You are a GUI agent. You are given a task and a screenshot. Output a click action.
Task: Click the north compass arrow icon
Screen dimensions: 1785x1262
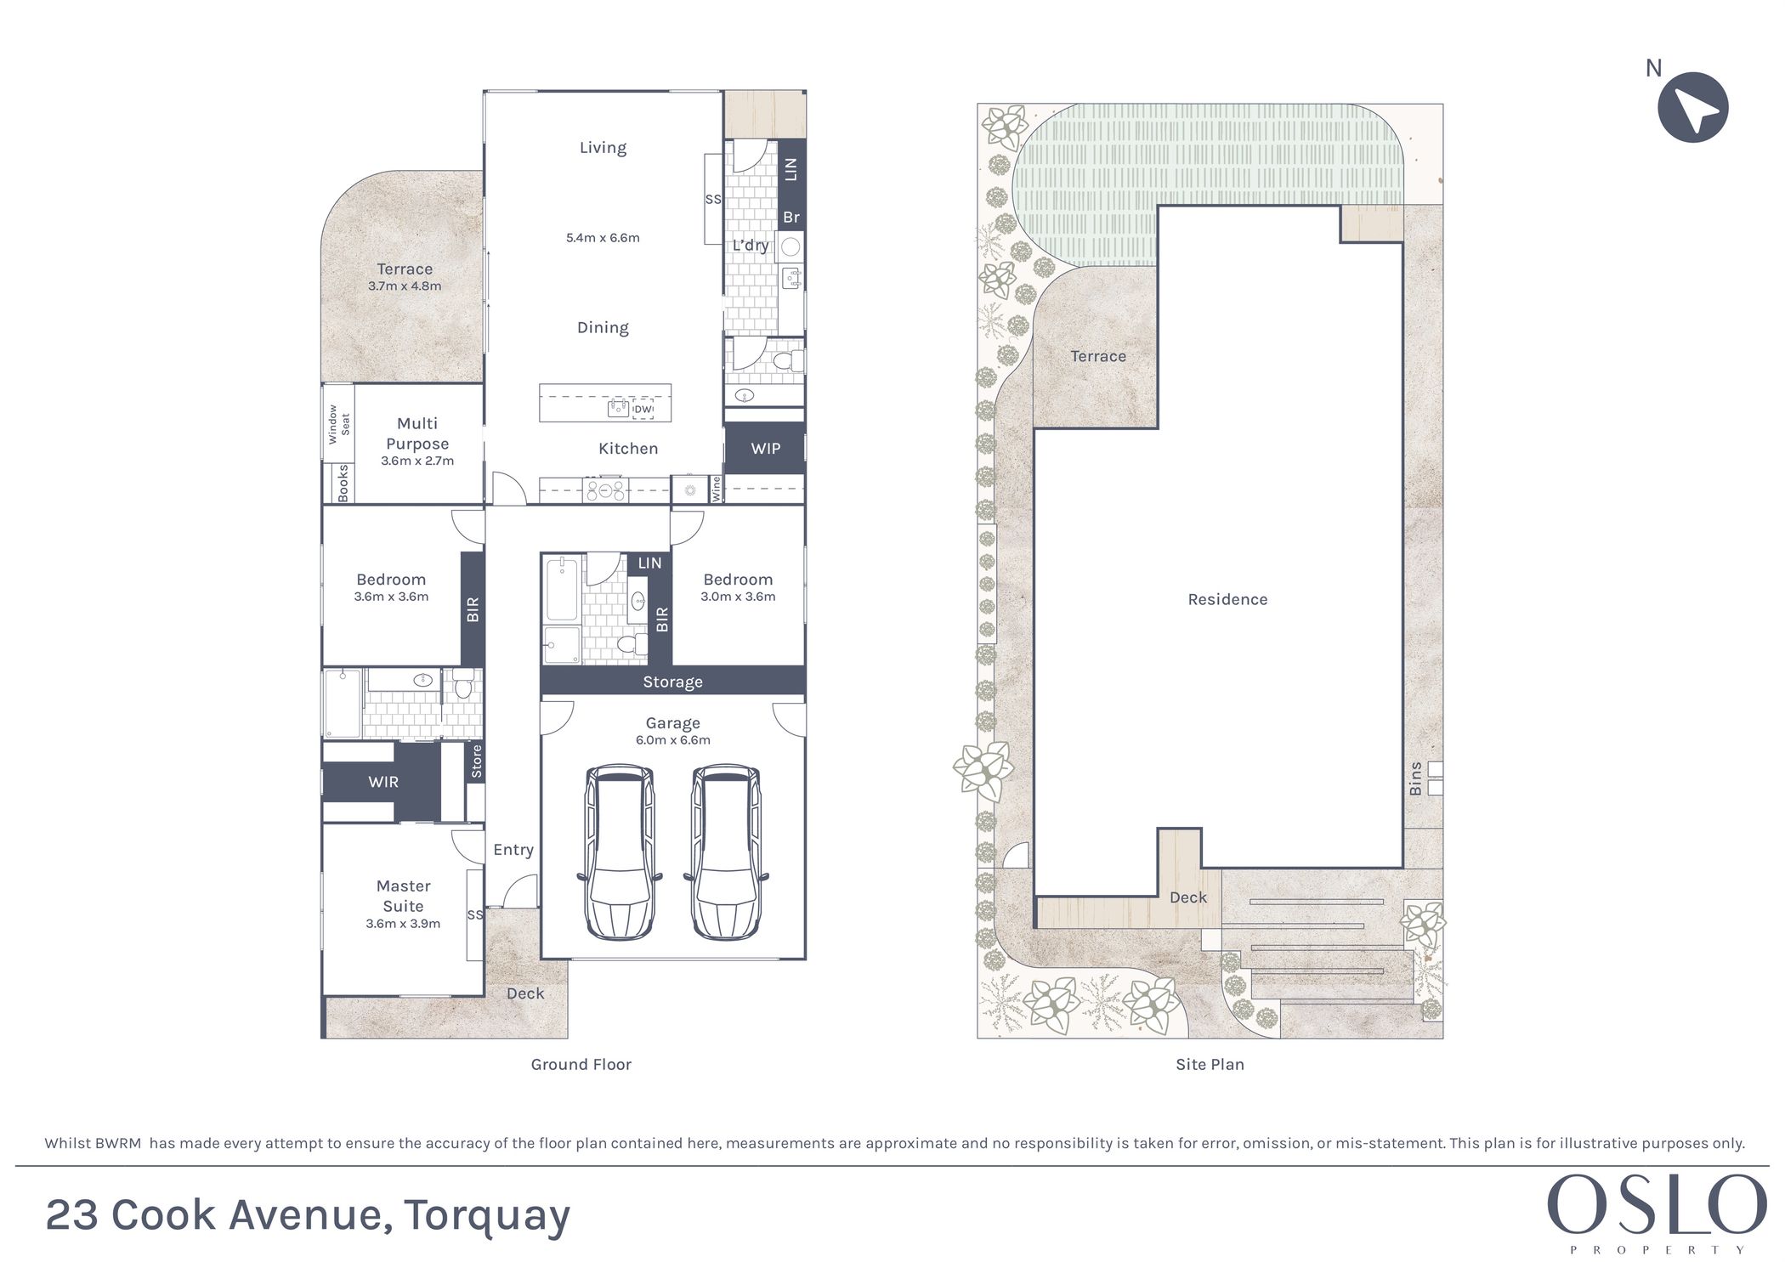1692,107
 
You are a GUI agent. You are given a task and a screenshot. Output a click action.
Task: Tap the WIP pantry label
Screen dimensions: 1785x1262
765,449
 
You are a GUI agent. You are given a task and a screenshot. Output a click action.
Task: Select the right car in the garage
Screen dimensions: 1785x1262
727,852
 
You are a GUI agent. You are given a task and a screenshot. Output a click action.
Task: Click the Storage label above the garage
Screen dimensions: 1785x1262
672,682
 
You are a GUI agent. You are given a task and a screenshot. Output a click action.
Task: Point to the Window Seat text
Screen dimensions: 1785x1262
338,424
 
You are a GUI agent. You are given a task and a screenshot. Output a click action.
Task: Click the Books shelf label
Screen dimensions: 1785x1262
343,483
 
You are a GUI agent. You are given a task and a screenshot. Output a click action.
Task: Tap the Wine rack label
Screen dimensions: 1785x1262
716,488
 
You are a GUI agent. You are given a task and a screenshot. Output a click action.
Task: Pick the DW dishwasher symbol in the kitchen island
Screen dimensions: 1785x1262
643,409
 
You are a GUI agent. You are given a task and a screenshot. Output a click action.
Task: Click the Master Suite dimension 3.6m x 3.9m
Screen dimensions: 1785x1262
403,924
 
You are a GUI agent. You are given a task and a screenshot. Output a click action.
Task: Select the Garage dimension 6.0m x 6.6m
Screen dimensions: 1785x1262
672,740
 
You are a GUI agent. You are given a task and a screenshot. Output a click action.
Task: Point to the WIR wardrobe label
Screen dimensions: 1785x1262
383,782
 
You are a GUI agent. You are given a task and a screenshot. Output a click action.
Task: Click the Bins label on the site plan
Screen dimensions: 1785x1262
1415,778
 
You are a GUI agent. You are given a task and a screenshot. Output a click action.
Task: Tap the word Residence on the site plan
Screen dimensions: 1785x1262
1227,599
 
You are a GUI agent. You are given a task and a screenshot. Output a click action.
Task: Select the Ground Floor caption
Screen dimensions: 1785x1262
581,1064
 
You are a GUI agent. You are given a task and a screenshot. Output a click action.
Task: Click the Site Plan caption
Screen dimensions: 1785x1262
1210,1064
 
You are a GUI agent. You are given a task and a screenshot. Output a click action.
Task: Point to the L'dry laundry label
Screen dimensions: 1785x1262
751,246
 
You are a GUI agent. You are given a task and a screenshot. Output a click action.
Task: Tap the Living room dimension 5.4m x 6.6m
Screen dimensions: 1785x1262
603,238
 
